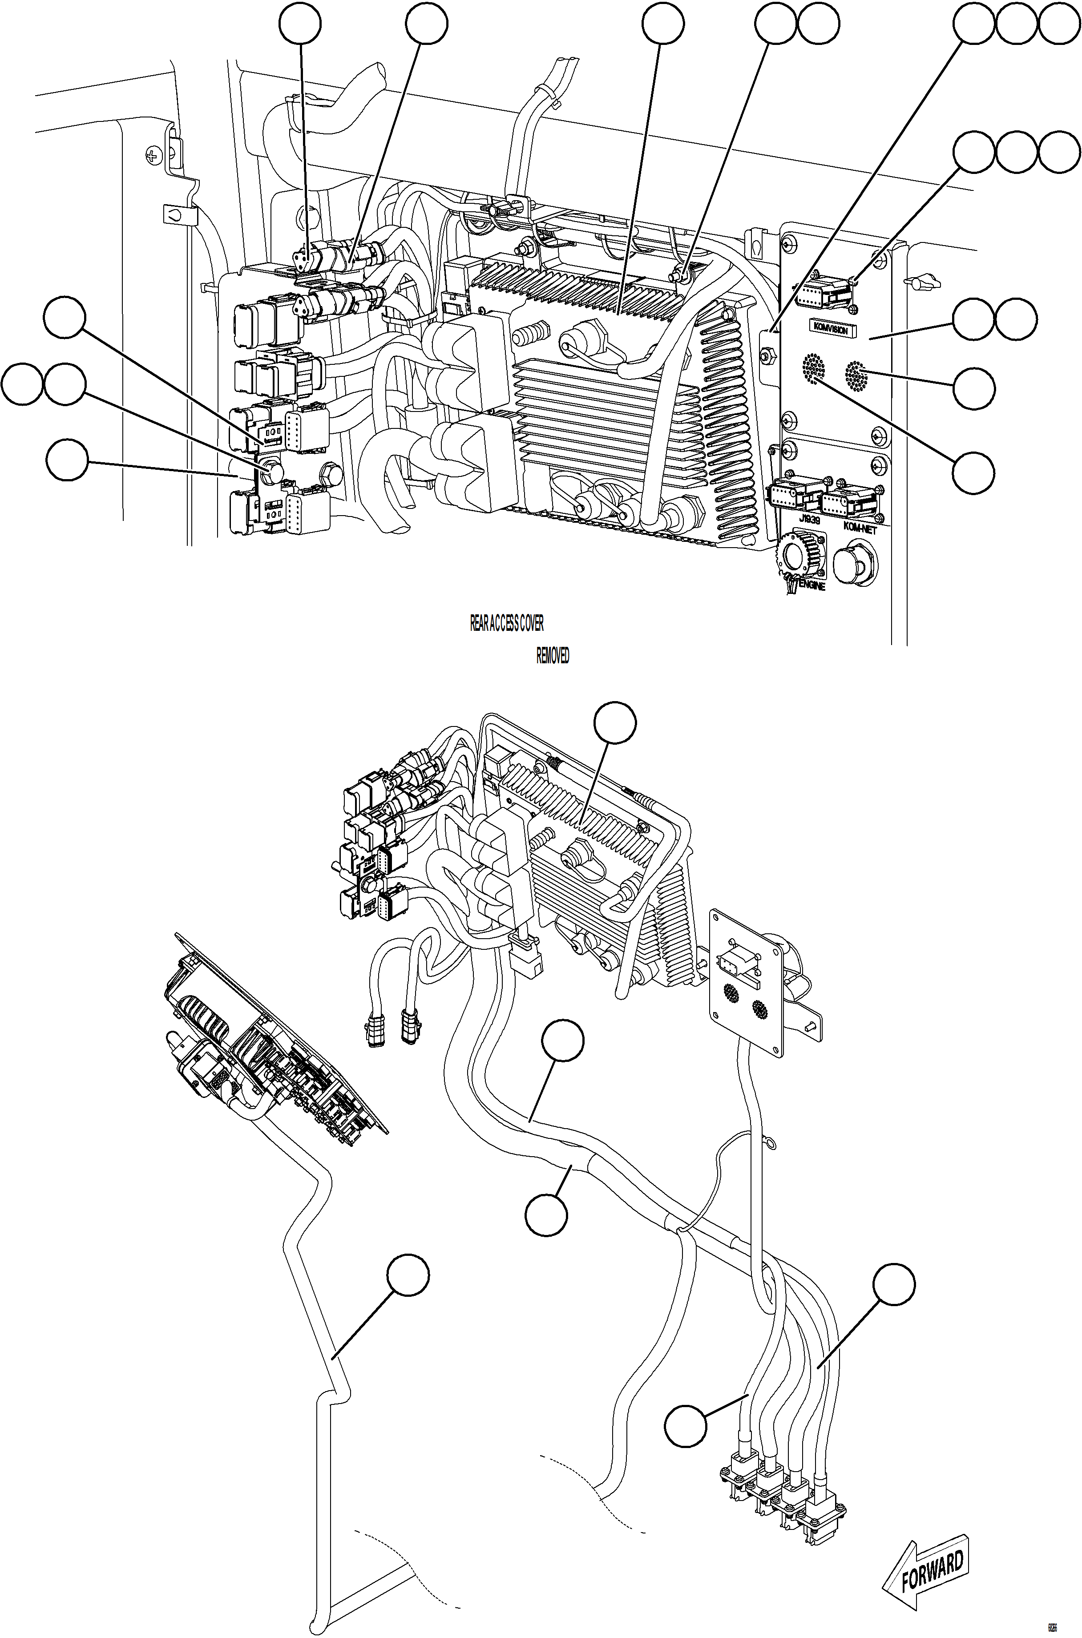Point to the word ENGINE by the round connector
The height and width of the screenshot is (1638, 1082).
point(812,586)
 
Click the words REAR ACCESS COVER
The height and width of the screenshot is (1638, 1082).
point(506,624)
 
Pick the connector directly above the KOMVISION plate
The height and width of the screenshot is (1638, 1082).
point(824,294)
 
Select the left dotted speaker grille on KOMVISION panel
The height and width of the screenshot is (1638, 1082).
point(814,368)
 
